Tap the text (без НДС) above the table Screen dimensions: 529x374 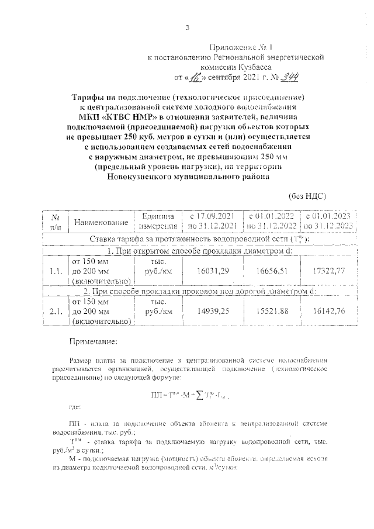307,197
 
